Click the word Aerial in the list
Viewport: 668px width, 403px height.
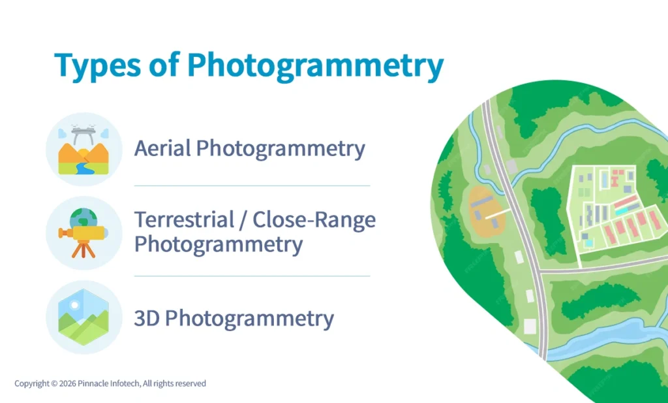[162, 148]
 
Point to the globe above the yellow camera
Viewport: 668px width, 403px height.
[83, 217]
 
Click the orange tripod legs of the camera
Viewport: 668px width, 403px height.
[82, 250]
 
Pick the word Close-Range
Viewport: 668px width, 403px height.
[314, 219]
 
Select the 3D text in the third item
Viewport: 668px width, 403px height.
[147, 319]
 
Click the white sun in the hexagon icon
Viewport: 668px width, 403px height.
[73, 305]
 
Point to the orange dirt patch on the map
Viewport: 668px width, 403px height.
[486, 211]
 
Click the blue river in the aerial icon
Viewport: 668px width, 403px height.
[82, 167]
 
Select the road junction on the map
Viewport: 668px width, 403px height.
[540, 271]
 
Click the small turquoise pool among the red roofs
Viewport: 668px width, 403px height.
[589, 243]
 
